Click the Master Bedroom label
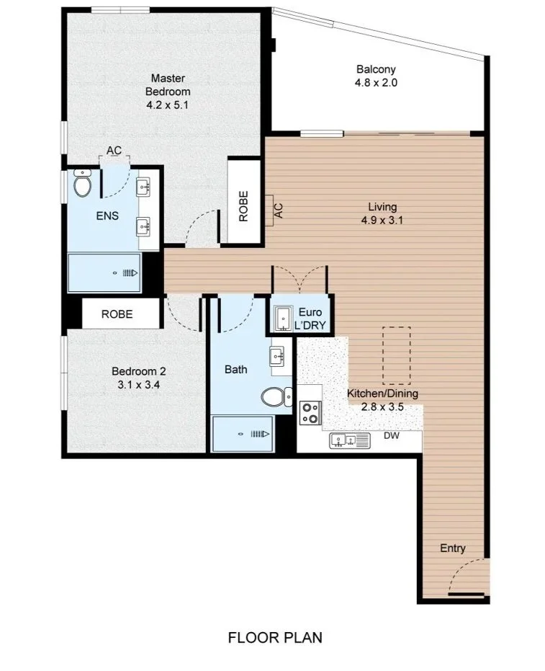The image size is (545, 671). (168, 85)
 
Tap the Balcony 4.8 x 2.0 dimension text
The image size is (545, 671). (376, 83)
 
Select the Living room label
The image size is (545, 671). (382, 207)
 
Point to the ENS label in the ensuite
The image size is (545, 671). (107, 215)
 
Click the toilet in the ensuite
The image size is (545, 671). (82, 183)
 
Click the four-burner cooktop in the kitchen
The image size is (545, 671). (310, 413)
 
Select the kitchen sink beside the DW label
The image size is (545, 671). (350, 440)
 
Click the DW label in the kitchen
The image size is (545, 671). (392, 435)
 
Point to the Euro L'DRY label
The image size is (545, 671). (310, 319)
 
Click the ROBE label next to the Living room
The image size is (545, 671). (243, 206)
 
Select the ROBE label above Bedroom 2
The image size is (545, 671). (117, 314)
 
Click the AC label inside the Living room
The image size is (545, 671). (279, 210)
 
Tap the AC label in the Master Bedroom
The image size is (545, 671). (114, 150)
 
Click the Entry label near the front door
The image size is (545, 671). (453, 548)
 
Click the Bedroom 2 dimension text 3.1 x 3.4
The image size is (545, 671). (139, 385)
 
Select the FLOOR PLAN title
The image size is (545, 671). (275, 638)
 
